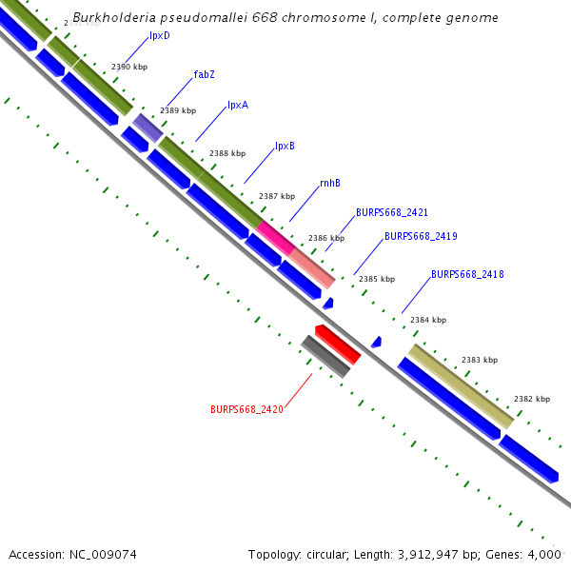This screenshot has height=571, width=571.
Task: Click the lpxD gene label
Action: (x=160, y=35)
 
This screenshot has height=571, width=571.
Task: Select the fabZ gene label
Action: (x=204, y=74)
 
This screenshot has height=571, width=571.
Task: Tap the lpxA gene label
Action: (x=237, y=106)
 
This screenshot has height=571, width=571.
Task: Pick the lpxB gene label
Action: (x=285, y=147)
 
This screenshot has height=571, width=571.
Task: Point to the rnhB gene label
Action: (x=329, y=183)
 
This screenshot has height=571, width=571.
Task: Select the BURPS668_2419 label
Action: (x=421, y=236)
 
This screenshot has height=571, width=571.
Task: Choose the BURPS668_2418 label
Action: (x=467, y=274)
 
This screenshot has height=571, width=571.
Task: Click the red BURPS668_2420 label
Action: (x=246, y=409)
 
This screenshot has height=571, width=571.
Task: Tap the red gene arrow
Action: (x=338, y=345)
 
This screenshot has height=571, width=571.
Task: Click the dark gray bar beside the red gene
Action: (x=325, y=357)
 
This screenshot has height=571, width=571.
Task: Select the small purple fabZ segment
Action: (x=148, y=128)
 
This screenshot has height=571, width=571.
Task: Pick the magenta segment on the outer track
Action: (x=274, y=236)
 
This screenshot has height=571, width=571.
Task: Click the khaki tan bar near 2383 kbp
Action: (x=462, y=385)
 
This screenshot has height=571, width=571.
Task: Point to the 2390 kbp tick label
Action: (x=129, y=67)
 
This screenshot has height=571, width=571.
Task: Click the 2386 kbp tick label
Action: (x=326, y=238)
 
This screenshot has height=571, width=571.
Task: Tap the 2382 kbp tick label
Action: (x=532, y=399)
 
